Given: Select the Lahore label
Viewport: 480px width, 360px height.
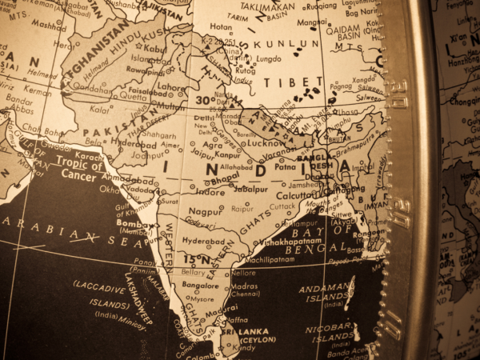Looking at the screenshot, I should click(x=171, y=86).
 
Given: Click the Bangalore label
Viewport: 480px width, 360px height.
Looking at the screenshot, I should click(x=200, y=285).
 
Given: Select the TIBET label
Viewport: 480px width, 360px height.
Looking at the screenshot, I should click(x=300, y=82).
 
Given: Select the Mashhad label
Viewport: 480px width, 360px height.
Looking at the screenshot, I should click(x=49, y=25).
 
